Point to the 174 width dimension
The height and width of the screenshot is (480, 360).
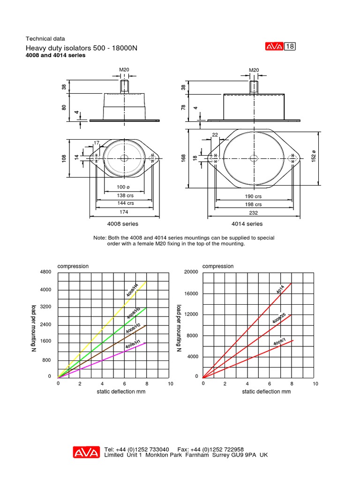click(124, 212)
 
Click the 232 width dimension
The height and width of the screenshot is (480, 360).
click(254, 212)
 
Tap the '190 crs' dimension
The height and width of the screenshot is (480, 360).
click(254, 197)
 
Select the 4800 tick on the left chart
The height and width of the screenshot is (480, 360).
click(45, 272)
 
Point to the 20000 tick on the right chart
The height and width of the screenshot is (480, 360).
click(191, 272)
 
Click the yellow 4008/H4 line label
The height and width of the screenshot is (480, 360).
click(132, 290)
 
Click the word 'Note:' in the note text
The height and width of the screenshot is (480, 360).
click(100, 238)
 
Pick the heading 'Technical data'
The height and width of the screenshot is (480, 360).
click(45, 39)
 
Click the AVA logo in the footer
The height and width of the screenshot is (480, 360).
click(86, 452)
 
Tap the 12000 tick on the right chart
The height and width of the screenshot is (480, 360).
click(191, 315)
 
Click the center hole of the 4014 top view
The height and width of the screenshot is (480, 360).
click(254, 158)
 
